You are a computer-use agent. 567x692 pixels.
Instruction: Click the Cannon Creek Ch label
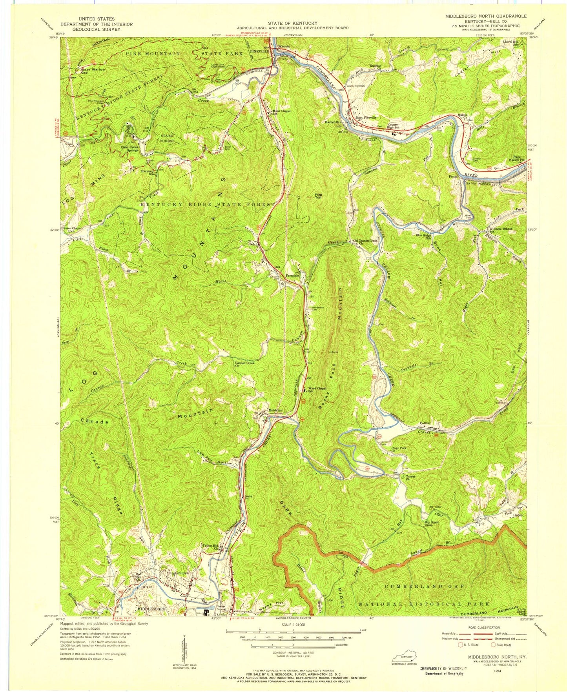(244, 364)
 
